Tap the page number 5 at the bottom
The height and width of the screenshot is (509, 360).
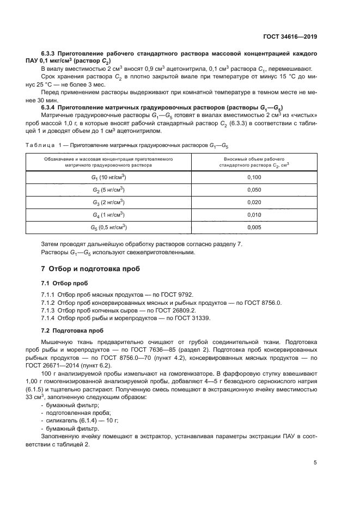tap(315, 463)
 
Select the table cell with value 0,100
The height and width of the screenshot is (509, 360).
tap(254, 177)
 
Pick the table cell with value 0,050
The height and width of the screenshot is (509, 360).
tap(254, 189)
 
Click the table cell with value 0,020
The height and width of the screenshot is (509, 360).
tap(254, 202)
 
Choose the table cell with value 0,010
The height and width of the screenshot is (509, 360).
tap(254, 214)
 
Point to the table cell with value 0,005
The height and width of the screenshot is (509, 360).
tap(254, 227)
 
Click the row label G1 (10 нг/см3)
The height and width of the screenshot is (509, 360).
tap(108, 177)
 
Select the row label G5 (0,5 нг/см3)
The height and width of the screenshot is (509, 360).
tap(108, 227)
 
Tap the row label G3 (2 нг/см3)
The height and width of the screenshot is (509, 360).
tap(108, 202)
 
